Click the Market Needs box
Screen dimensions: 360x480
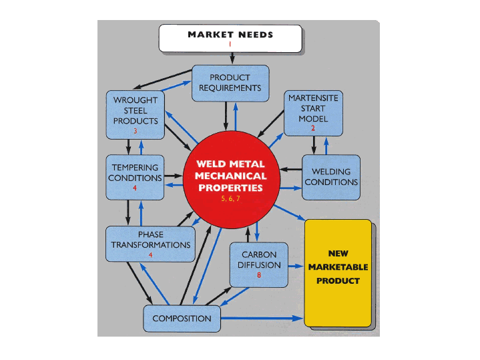pyautogui.click(x=230, y=38)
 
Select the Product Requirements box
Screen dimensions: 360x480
pyautogui.click(x=230, y=83)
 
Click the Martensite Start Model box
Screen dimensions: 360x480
pyautogui.click(x=312, y=111)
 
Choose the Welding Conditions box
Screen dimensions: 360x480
pyautogui.click(x=330, y=176)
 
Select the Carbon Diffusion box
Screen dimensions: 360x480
pyautogui.click(x=258, y=263)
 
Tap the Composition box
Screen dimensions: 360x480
pyautogui.click(x=182, y=319)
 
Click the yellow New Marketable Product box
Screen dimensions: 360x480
pyautogui.click(x=338, y=272)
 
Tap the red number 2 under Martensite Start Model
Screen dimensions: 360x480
pyautogui.click(x=312, y=128)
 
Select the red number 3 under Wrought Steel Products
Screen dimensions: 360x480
pyautogui.click(x=135, y=131)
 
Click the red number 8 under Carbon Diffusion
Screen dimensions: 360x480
pyautogui.click(x=258, y=275)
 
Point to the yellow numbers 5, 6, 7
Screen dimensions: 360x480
pyautogui.click(x=230, y=199)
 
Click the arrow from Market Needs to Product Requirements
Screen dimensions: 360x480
pyautogui.click(x=230, y=59)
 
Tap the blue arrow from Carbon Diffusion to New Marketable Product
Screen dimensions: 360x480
pyautogui.click(x=296, y=265)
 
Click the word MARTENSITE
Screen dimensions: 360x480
pyautogui.click(x=312, y=98)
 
